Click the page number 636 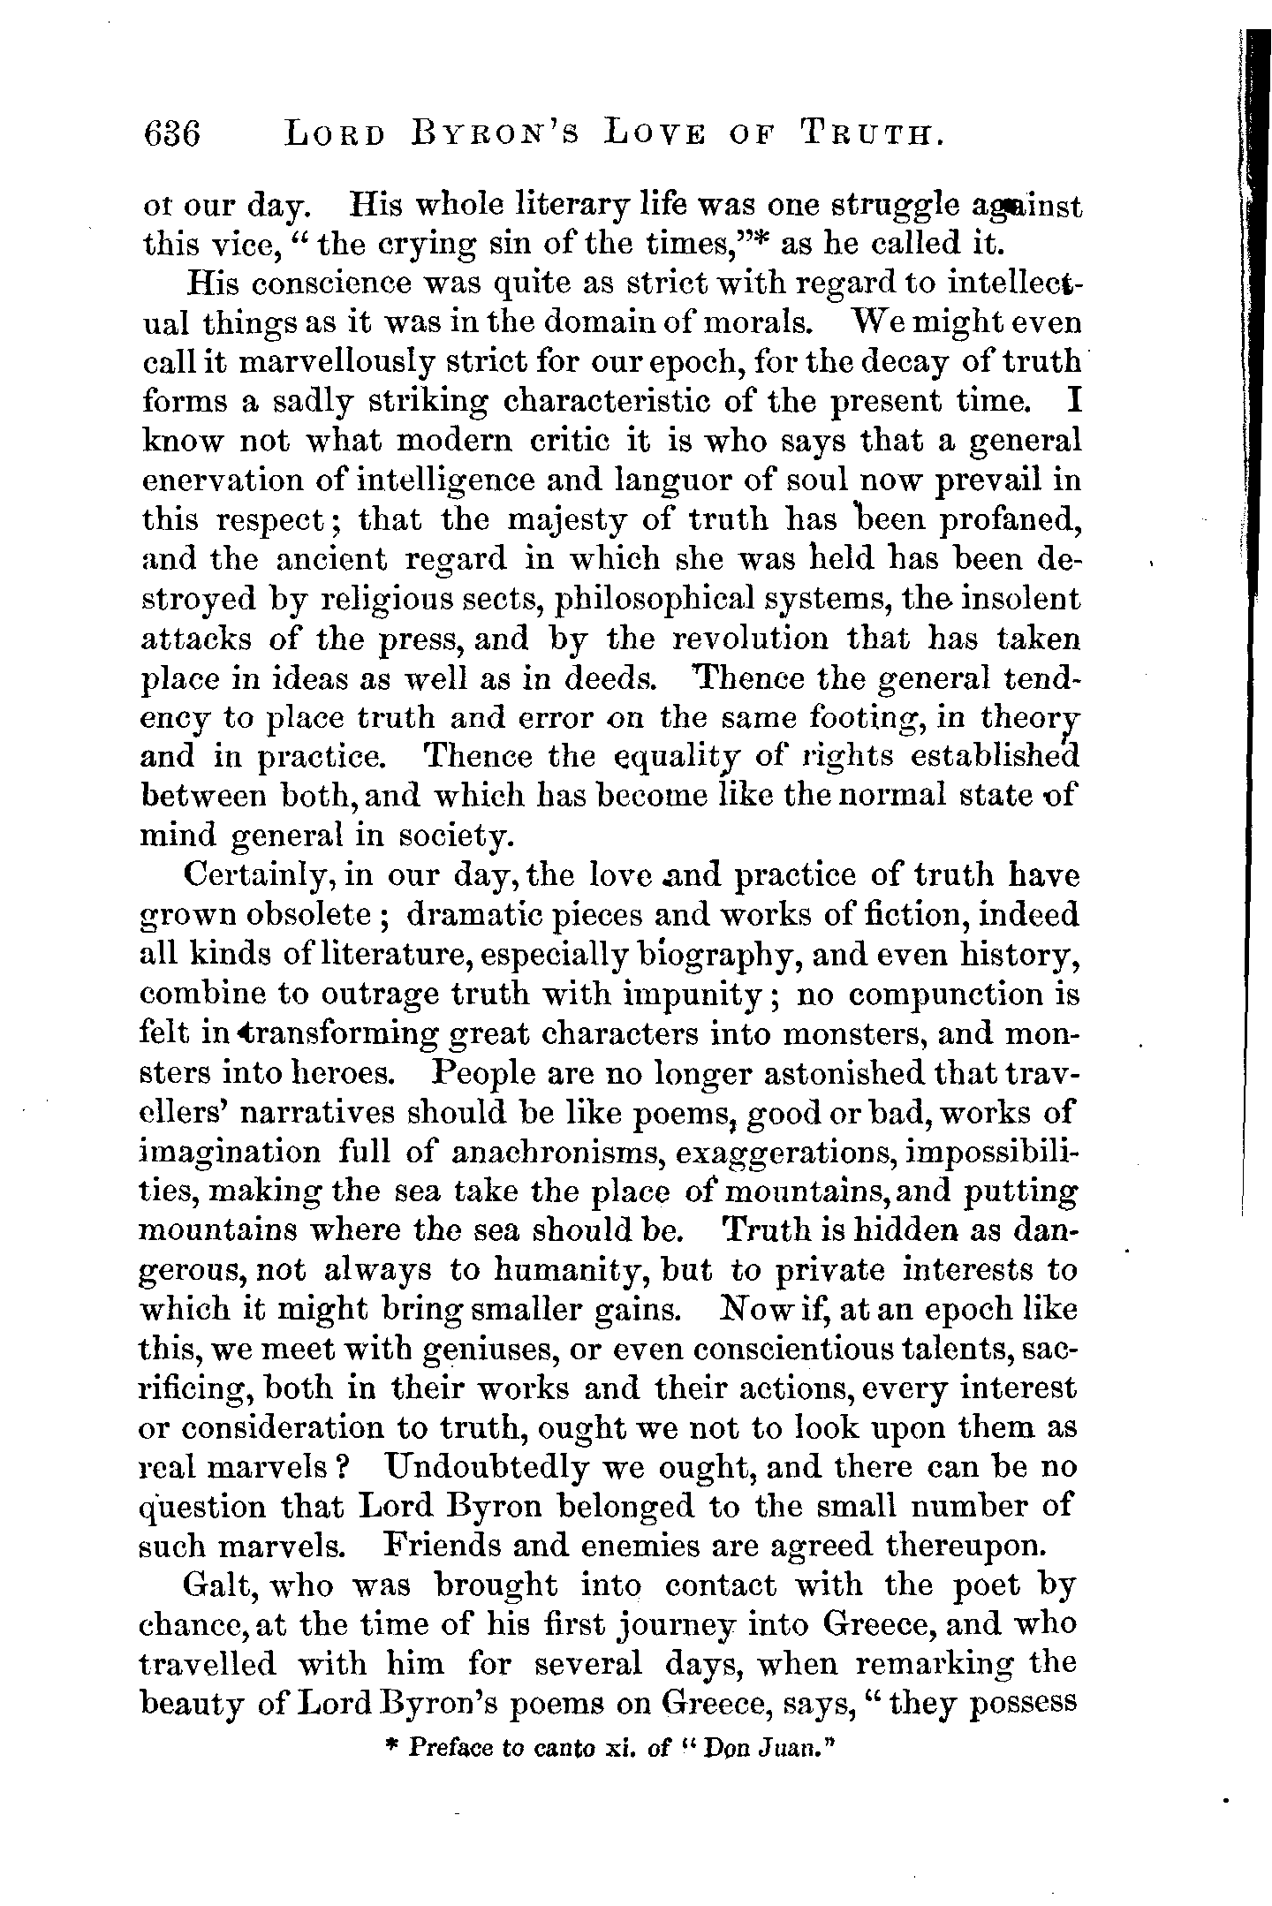click(172, 134)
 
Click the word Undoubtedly click(488, 1468)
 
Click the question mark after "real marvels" click(347, 1468)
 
